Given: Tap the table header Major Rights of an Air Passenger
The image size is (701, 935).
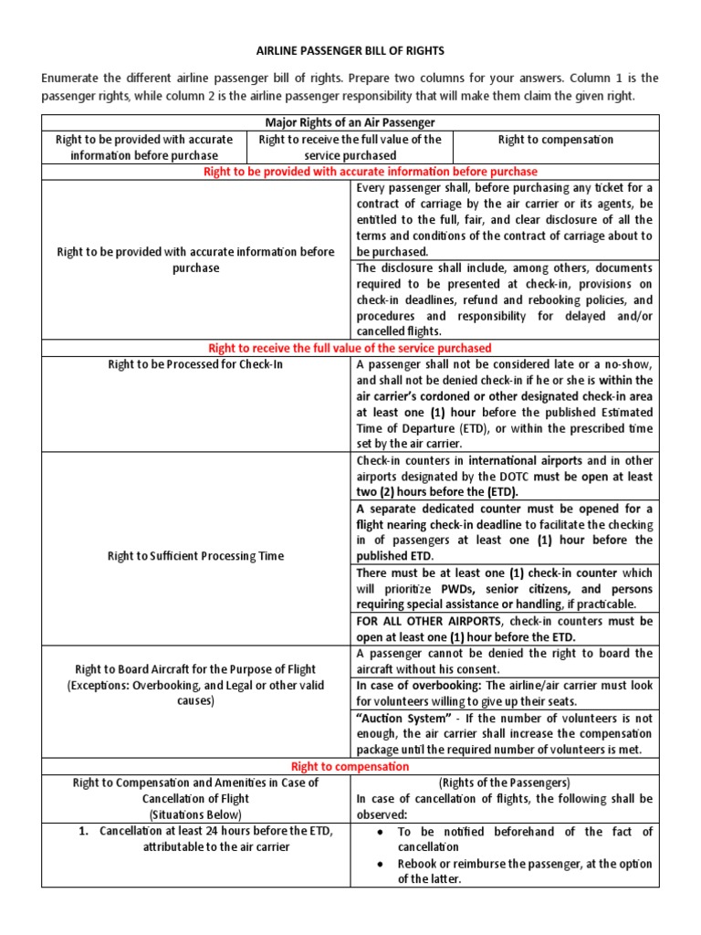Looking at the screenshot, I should pos(350,122).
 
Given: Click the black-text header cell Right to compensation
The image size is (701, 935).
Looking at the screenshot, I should pos(555,140).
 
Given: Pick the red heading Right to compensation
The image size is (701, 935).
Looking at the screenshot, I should pos(350,767).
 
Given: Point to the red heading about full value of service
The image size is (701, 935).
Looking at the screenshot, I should pos(350,348).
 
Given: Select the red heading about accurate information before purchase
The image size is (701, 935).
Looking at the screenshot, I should pos(350,172).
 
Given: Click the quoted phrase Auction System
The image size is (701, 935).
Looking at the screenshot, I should pos(393,718).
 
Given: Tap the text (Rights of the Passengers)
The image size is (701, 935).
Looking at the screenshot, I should pos(504,783).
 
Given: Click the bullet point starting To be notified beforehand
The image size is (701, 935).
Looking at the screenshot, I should pos(525,838).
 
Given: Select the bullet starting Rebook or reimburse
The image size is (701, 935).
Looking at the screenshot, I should pos(525,871).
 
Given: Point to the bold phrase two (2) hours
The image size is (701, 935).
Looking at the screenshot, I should pos(397,491).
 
